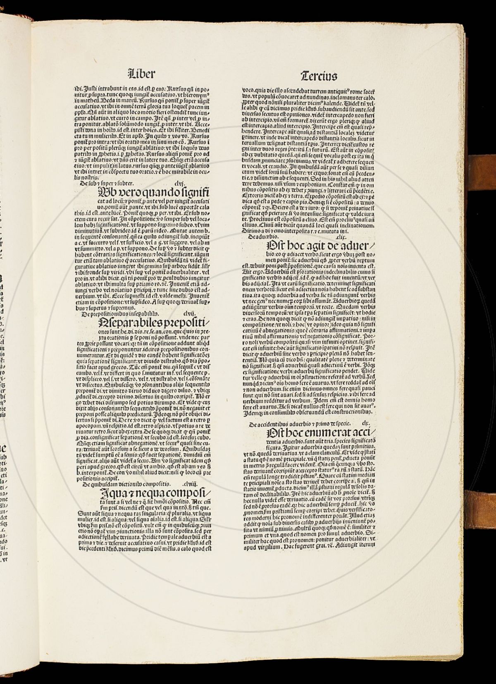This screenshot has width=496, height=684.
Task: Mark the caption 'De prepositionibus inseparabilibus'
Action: coord(120,314)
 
